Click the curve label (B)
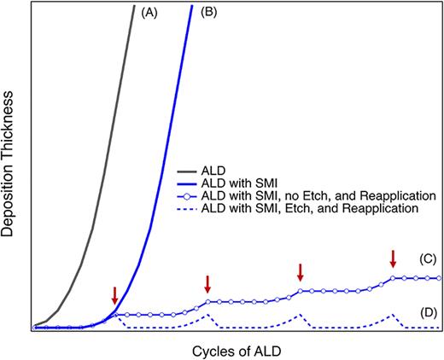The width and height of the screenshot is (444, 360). [207, 14]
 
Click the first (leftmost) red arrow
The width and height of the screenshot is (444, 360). [114, 295]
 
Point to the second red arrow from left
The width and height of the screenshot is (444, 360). [207, 283]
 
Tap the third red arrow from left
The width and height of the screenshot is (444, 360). [300, 272]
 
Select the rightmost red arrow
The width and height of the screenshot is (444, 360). [393, 258]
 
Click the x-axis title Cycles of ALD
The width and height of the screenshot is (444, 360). [234, 350]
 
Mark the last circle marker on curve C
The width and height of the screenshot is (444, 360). [439, 278]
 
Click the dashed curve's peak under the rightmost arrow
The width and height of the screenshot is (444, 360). [393, 313]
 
